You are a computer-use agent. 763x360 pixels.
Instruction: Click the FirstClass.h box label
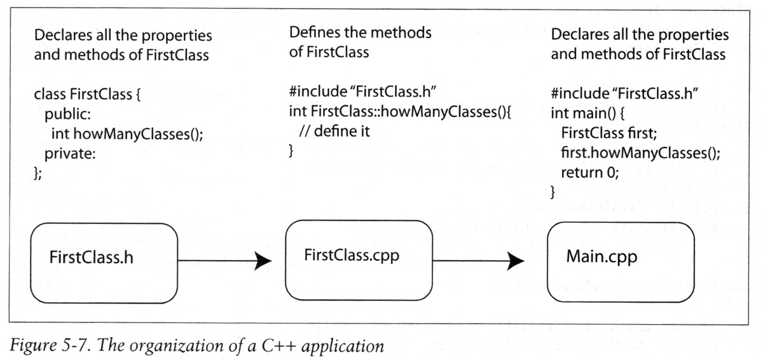coord(92,257)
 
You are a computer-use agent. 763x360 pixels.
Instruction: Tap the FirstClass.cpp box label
coord(352,256)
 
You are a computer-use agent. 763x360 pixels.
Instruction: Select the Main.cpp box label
coord(601,257)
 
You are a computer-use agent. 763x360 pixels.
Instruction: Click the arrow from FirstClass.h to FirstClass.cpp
coord(224,261)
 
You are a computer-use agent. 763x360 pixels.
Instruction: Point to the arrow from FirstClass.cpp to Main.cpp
coord(478,261)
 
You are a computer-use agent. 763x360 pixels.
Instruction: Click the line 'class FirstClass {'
coord(87,94)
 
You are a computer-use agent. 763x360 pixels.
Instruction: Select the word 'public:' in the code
coord(68,114)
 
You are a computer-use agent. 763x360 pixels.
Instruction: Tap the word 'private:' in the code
coord(70,154)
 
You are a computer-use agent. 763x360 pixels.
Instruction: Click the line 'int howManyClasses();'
coord(127,134)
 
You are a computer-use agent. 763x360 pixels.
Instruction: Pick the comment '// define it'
coord(334,132)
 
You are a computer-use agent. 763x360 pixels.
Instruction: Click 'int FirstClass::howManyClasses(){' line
coord(400,112)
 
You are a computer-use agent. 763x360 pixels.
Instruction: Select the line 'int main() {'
coord(588,113)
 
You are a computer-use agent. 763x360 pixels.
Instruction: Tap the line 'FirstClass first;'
coord(608,133)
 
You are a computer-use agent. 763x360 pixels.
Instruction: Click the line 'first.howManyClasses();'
coord(641,153)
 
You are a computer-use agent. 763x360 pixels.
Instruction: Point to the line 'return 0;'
coord(589,172)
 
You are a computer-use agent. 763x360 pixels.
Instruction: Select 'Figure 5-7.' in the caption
coord(50,346)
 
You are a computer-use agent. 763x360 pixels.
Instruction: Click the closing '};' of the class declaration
coord(38,173)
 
